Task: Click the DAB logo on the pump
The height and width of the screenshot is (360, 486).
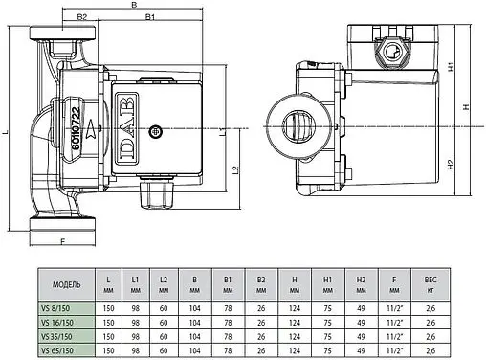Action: click(x=126, y=128)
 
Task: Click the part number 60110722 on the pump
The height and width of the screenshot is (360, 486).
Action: click(x=76, y=128)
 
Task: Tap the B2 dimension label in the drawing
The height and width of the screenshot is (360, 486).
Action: click(x=82, y=17)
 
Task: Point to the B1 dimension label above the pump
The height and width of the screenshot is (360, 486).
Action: click(x=150, y=17)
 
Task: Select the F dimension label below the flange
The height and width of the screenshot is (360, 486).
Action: click(x=62, y=241)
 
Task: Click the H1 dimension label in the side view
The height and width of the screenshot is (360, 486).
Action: click(x=451, y=67)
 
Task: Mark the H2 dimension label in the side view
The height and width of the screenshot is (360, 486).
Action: click(x=451, y=165)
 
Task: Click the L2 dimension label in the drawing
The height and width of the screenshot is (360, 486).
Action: click(x=235, y=170)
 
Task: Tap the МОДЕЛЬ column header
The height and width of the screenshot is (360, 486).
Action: click(x=66, y=284)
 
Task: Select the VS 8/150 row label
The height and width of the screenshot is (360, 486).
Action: click(x=55, y=308)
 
